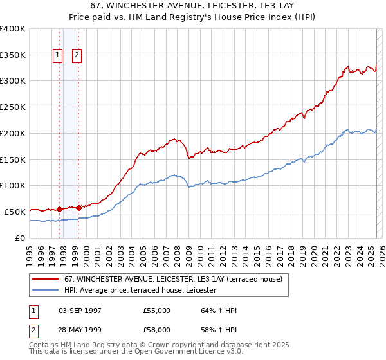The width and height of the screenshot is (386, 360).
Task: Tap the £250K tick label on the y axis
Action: coord(13,107)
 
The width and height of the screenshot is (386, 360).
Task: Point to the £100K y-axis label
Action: coord(13,185)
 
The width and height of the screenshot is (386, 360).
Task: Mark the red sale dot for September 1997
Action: coord(59,209)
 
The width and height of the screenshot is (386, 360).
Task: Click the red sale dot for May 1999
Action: coord(78,208)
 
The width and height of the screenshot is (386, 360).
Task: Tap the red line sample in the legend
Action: coord(45,279)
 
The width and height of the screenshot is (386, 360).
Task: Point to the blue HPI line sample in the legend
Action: coord(45,290)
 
